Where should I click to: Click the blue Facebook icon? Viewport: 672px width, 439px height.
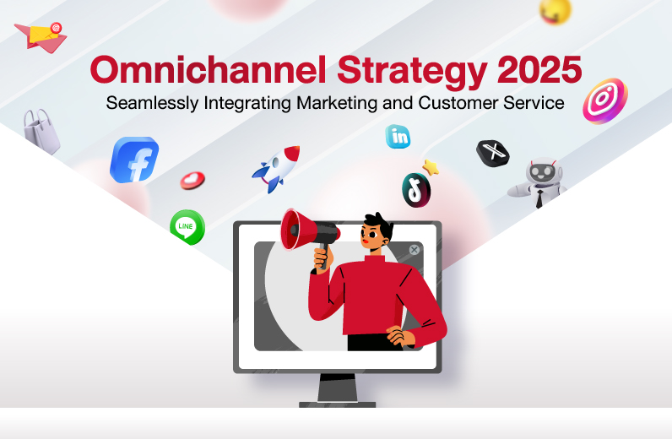[x=134, y=160]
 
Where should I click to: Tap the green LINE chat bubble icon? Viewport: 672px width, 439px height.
[x=187, y=227]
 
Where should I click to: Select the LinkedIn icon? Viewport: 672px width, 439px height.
[x=398, y=137]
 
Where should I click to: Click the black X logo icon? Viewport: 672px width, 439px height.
[x=493, y=153]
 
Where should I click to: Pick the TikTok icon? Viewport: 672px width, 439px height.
[x=416, y=190]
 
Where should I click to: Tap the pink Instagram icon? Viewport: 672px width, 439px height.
[x=605, y=101]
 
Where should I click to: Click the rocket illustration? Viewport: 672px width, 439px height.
[x=276, y=168]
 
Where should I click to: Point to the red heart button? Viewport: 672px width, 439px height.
[x=192, y=181]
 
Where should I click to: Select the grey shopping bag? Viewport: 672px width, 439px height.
[x=41, y=131]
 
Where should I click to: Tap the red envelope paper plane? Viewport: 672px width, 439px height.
[x=41, y=37]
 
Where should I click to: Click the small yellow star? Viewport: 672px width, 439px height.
[x=431, y=168]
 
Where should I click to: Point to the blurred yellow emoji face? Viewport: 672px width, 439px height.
[x=555, y=11]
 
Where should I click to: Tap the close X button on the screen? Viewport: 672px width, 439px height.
[x=414, y=250]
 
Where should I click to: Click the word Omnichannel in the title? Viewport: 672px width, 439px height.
[x=208, y=70]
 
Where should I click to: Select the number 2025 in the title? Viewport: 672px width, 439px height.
[x=539, y=69]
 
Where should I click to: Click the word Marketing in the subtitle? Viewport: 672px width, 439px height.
[x=337, y=103]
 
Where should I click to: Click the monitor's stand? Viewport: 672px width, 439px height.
[x=338, y=390]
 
